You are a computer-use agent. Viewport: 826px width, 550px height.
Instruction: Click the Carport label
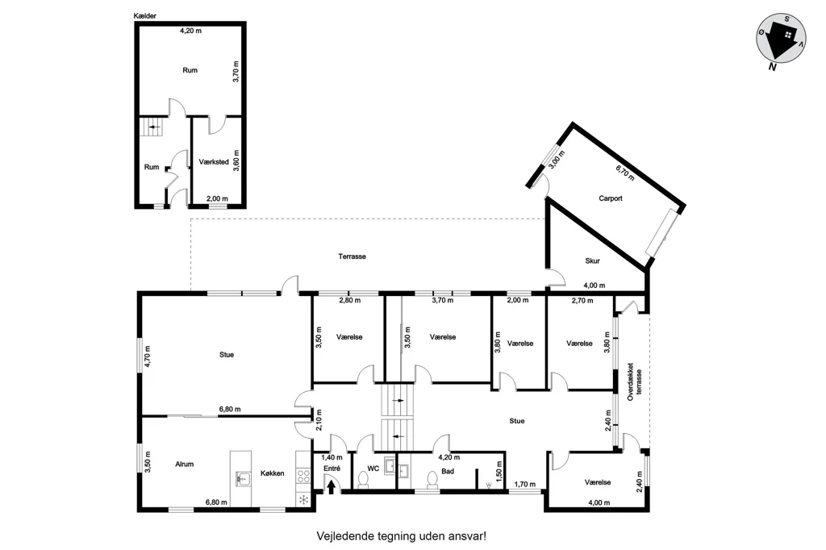611,198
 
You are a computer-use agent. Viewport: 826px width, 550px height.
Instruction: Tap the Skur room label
592,260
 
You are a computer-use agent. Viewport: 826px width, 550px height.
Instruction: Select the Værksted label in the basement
214,162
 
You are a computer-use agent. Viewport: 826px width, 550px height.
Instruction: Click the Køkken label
273,473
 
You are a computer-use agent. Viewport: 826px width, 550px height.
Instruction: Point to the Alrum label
185,465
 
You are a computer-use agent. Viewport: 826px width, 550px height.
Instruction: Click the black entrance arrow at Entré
331,486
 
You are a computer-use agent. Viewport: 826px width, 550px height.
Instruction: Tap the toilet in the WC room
363,480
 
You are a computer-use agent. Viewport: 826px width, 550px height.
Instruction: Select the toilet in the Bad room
432,480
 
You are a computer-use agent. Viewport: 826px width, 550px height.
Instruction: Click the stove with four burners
303,477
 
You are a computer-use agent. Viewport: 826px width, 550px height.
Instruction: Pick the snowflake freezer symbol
304,500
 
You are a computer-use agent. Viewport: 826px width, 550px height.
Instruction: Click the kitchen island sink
243,479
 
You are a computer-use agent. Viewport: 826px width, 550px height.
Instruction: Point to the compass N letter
772,67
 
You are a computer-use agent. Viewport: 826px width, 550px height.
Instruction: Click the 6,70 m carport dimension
625,173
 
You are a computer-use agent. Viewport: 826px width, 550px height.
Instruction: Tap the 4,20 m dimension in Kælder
190,31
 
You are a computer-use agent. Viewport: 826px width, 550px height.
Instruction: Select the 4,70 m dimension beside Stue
148,356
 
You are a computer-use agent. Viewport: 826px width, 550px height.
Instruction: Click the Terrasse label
352,256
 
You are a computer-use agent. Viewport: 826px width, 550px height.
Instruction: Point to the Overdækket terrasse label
635,381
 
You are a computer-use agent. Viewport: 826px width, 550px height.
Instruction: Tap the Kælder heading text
145,16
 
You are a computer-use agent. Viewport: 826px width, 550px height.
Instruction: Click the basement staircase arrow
154,127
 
